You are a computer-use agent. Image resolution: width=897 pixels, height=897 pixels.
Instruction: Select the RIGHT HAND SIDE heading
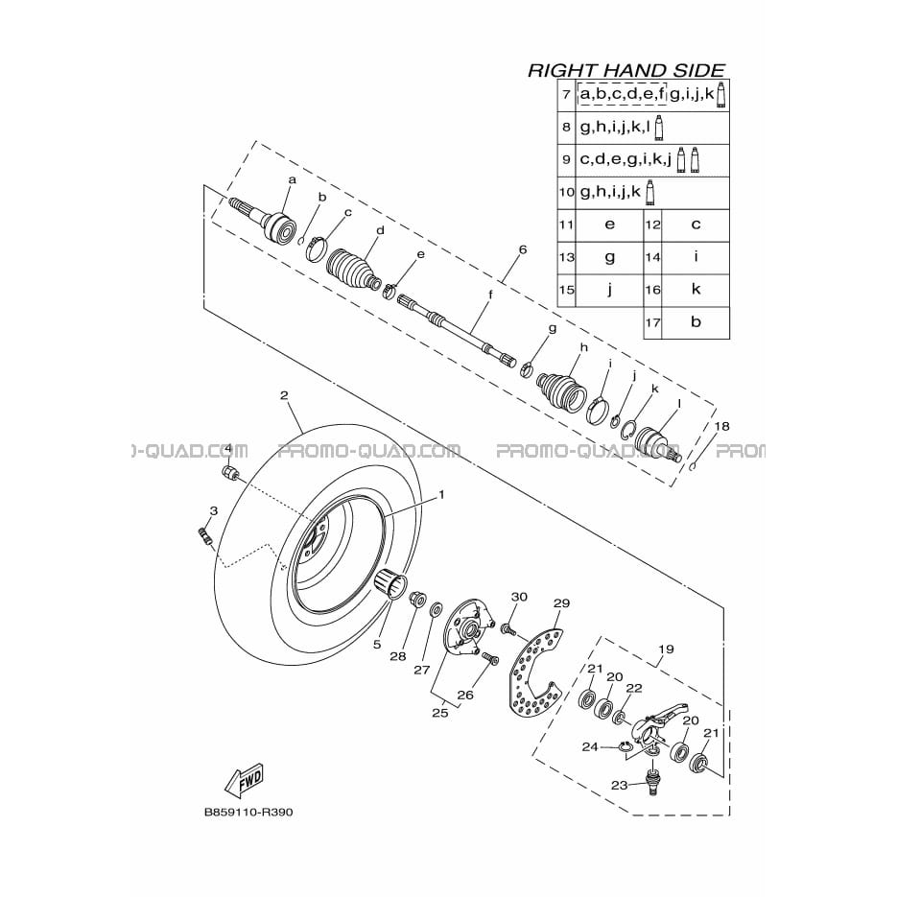click(626, 70)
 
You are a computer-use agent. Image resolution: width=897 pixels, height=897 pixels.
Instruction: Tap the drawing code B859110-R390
click(248, 813)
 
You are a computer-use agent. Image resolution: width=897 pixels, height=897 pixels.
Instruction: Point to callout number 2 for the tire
click(284, 395)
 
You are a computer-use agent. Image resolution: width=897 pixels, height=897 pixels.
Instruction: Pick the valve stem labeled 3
click(204, 536)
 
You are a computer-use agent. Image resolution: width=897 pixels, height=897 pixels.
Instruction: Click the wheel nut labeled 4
click(229, 473)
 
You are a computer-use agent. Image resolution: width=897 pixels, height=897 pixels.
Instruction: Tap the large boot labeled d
click(352, 269)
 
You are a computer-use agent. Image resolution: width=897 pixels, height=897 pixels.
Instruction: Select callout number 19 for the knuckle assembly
click(666, 649)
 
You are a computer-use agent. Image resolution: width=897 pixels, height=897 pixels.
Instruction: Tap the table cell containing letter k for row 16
click(696, 289)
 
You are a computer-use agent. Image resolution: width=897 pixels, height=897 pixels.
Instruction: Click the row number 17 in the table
click(652, 322)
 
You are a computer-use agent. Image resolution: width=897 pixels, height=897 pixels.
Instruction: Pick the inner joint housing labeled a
click(264, 221)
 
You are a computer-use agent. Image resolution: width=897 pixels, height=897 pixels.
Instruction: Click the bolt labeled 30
click(508, 630)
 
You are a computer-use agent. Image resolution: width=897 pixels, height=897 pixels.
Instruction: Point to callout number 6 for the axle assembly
click(522, 249)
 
